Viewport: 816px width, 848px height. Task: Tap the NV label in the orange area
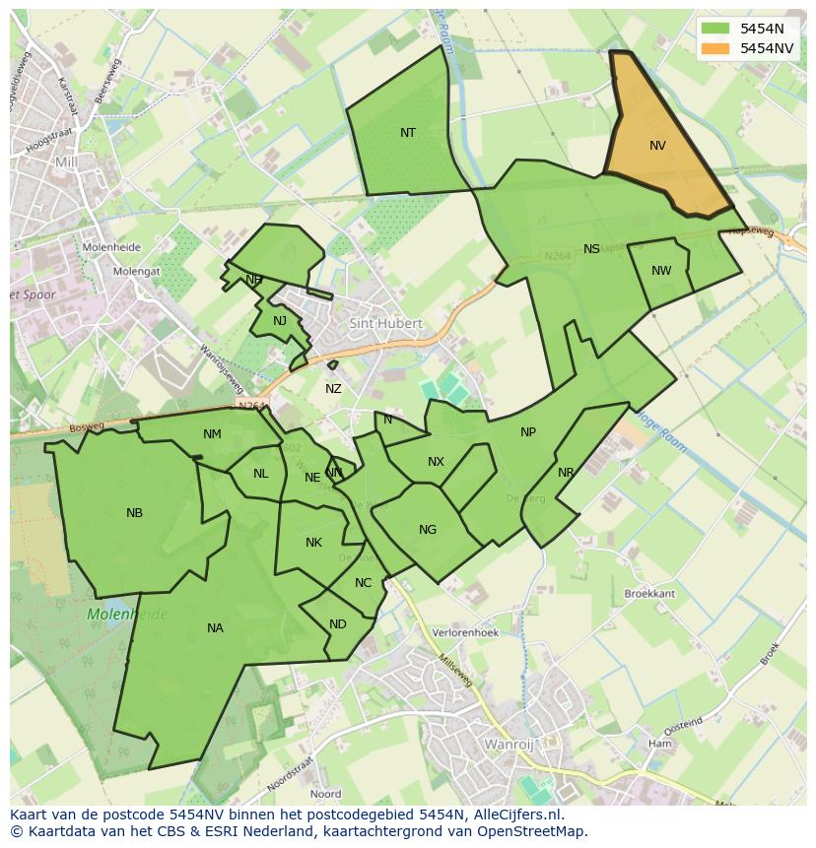pyautogui.click(x=657, y=146)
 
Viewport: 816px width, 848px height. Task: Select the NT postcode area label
pyautogui.click(x=408, y=133)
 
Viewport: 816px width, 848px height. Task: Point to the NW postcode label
pyautogui.click(x=661, y=271)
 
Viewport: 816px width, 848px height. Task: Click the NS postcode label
pyautogui.click(x=591, y=249)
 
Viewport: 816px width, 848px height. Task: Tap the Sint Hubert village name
pyautogui.click(x=385, y=323)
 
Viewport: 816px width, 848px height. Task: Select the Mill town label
pyautogui.click(x=66, y=162)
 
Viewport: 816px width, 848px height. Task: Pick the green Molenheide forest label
pyautogui.click(x=127, y=615)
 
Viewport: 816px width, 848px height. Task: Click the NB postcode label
pyautogui.click(x=135, y=513)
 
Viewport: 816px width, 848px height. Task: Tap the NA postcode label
pyautogui.click(x=215, y=628)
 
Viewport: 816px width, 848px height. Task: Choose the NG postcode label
pyautogui.click(x=427, y=530)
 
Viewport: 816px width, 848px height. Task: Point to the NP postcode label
pyautogui.click(x=528, y=432)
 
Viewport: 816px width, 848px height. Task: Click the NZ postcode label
pyautogui.click(x=333, y=389)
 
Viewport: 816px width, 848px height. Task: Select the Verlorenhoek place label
pyautogui.click(x=465, y=633)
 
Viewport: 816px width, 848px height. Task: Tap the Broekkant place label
pyautogui.click(x=649, y=594)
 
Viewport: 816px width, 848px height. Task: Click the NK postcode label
pyautogui.click(x=313, y=543)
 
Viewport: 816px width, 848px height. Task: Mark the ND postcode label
pyautogui.click(x=338, y=624)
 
